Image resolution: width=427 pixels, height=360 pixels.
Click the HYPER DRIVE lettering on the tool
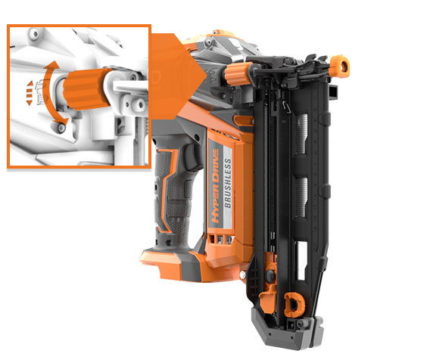click(216, 186)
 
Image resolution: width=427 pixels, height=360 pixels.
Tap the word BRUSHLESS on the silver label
click(227, 183)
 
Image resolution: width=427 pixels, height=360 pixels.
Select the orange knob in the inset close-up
click(86, 89)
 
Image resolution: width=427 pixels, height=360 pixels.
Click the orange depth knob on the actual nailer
click(236, 74)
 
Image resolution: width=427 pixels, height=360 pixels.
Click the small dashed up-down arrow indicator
click(30, 93)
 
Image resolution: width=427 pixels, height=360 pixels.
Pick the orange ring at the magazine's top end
click(340, 67)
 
